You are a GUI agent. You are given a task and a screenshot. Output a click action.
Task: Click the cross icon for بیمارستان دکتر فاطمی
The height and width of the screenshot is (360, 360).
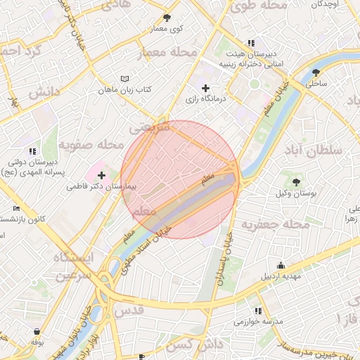tap(102, 175)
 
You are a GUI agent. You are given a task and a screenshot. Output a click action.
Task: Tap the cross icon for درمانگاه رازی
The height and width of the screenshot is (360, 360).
tap(205, 89)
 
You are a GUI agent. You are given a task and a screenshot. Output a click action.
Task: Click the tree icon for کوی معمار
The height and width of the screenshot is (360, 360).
tap(167, 18)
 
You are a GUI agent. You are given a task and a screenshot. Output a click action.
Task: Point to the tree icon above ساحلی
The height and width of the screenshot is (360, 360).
tap(316, 72)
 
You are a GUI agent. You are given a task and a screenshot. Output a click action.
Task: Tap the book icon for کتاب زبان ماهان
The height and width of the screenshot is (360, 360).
tap(125, 79)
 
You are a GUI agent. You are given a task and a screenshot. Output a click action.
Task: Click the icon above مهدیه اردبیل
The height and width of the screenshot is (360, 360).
tap(281, 265)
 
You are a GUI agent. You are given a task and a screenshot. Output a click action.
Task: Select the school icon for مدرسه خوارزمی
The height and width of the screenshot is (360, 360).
tap(258, 311)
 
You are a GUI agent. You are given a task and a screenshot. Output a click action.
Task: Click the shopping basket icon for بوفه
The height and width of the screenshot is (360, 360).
tap(37, 331)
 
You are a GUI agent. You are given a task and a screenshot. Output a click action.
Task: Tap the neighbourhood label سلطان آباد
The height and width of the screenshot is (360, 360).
tap(312, 150)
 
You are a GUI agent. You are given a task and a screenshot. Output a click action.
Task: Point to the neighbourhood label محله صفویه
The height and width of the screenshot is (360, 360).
tap(86, 145)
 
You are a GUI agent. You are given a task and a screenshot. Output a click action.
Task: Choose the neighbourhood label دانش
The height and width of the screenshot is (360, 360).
tap(42, 92)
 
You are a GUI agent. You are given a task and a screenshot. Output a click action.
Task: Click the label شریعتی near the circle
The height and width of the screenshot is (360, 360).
tap(151, 129)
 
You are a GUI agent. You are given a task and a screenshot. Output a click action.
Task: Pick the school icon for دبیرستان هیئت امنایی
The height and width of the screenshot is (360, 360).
tap(251, 43)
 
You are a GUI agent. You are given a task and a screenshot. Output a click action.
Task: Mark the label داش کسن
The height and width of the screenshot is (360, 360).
tap(191, 345)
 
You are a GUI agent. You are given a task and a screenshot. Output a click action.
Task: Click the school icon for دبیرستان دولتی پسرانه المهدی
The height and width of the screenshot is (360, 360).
tap(32, 151)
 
